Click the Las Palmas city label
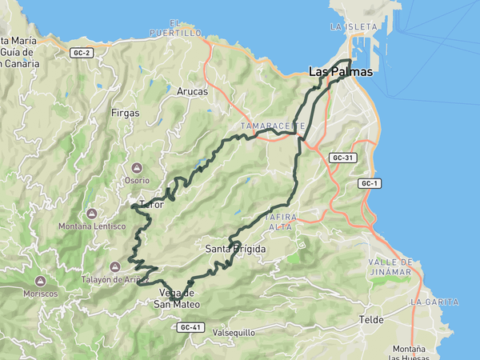(x=341, y=72)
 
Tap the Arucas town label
(x=192, y=92)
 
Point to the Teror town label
(x=151, y=205)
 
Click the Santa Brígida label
(x=235, y=250)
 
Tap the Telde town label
(x=372, y=319)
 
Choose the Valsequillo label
(x=233, y=332)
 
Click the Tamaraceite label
(x=272, y=126)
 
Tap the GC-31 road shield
(x=342, y=158)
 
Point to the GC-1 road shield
(x=369, y=184)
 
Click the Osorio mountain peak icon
(x=136, y=168)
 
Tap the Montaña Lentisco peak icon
(x=92, y=214)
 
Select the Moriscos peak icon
(x=39, y=282)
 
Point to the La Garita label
(x=434, y=302)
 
